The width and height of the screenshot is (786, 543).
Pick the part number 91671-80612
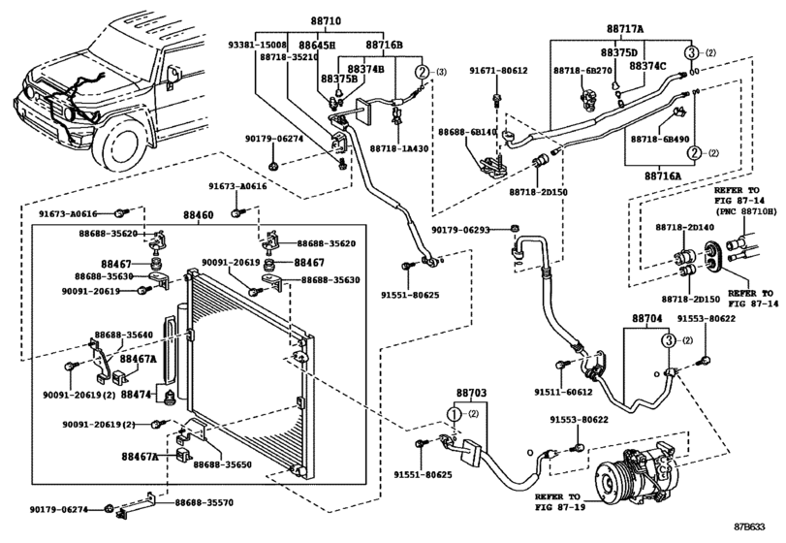click(x=500, y=71)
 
